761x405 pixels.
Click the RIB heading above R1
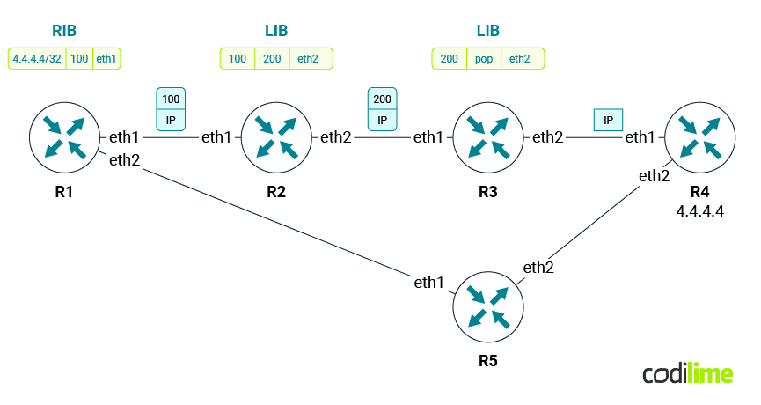63,31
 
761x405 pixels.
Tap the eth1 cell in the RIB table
106,59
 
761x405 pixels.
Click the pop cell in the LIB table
483,59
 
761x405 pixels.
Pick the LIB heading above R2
275,31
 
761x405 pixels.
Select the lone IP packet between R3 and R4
608,119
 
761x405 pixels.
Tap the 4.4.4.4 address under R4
699,212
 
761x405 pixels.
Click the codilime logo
687,373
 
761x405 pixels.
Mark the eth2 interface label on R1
124,159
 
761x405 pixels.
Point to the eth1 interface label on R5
429,282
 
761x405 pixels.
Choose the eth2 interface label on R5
538,267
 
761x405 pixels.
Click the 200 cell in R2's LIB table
272,59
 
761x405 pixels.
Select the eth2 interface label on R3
547,136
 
